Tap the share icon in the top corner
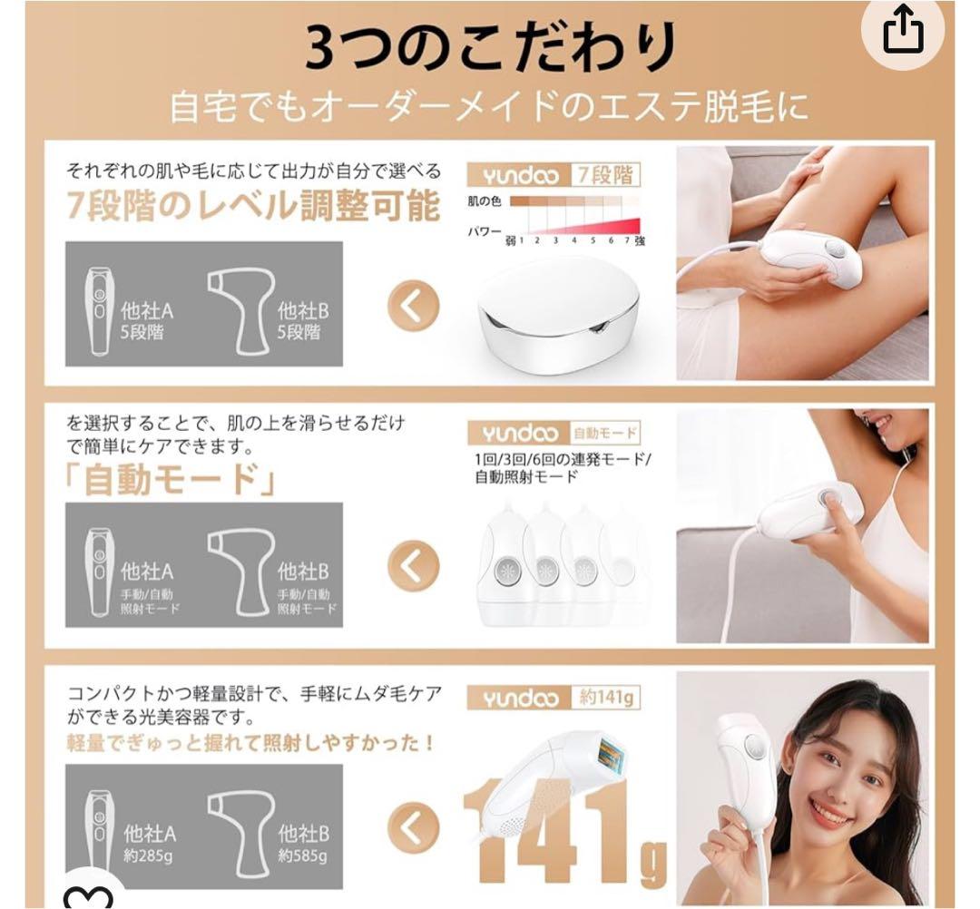[904, 34]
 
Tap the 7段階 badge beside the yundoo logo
[606, 174]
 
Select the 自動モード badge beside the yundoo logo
[604, 433]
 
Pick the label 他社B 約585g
[303, 843]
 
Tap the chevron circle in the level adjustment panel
[413, 308]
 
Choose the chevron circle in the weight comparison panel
[413, 827]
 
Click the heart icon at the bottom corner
[88, 898]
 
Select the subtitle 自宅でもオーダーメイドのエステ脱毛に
[490, 108]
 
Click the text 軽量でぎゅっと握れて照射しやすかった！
[250, 743]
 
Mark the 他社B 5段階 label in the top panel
[303, 321]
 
